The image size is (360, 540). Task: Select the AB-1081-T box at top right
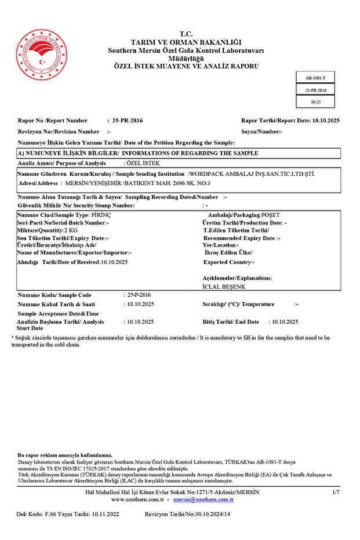point(315,78)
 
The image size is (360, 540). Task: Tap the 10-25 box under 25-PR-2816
point(315,102)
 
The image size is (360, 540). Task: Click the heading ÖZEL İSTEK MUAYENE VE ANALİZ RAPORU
point(186,67)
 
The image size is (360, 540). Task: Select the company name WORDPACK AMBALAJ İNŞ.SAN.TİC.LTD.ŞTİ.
point(252,173)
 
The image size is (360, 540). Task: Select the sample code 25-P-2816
point(139,295)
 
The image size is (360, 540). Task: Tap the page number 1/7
point(336,492)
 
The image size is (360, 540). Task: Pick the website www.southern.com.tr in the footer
point(137,499)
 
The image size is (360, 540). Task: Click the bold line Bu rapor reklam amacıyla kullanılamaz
point(65,455)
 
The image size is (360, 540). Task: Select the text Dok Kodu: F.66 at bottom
point(37,514)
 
